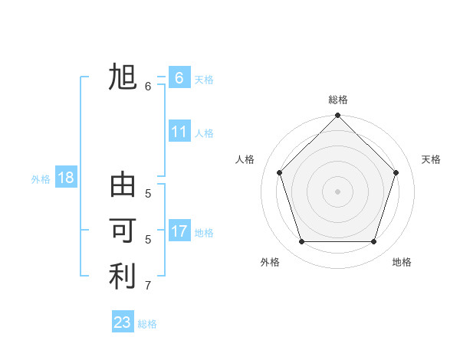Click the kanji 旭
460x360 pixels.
click(123, 78)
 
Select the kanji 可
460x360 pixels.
click(123, 231)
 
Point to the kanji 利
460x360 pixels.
click(123, 277)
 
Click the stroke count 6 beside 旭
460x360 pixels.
click(148, 87)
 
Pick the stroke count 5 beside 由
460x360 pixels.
click(148, 194)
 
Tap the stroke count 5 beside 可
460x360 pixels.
click(148, 239)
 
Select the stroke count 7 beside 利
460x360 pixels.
click(148, 286)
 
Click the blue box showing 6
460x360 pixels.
click(179, 78)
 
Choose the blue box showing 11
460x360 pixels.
click(179, 132)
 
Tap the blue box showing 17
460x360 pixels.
click(179, 231)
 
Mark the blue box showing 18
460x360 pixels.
click(66, 178)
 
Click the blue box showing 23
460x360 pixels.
click(123, 322)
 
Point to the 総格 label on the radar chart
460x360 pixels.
click(338, 100)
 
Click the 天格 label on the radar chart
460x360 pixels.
click(431, 159)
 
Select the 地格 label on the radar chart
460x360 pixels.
click(402, 262)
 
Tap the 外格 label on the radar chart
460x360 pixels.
click(270, 262)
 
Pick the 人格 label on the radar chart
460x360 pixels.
click(245, 159)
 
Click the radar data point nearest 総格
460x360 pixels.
click(337, 116)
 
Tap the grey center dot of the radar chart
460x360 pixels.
click(337, 191)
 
